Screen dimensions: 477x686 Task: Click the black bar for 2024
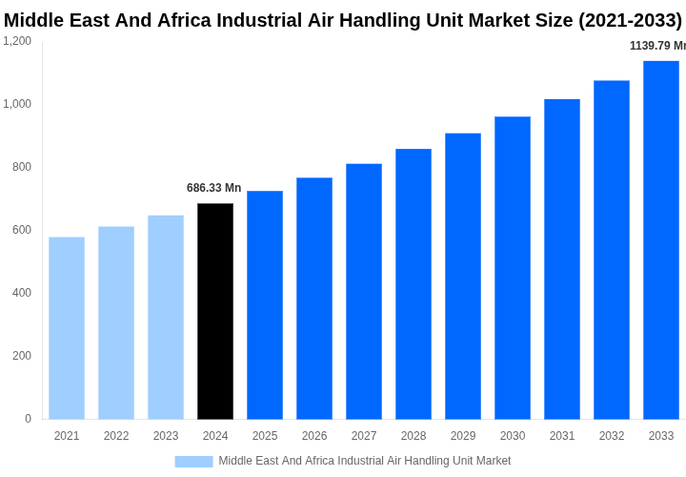point(215,311)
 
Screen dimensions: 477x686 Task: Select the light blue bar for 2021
point(67,328)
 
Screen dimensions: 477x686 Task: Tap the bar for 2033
point(661,239)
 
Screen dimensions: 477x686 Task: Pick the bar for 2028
point(414,283)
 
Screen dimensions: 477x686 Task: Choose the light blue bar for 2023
point(166,317)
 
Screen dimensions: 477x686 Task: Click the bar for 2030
point(513,267)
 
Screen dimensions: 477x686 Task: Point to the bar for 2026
point(314,298)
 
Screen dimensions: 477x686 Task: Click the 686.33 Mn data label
point(213,188)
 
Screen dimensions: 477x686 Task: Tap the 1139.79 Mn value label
point(656,46)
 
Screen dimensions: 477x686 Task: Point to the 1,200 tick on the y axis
point(17,41)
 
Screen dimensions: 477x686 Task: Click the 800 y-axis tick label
point(21,167)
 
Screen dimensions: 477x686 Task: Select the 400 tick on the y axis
point(21,293)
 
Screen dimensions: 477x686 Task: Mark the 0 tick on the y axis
point(28,419)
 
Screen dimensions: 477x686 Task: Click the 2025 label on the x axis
point(265,436)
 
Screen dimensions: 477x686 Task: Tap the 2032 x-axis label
point(612,436)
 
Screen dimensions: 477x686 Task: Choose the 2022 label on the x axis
point(116,436)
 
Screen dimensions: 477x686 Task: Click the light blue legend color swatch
point(193,462)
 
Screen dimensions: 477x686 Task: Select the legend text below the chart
point(365,461)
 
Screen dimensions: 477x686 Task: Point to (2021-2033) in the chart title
point(630,20)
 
